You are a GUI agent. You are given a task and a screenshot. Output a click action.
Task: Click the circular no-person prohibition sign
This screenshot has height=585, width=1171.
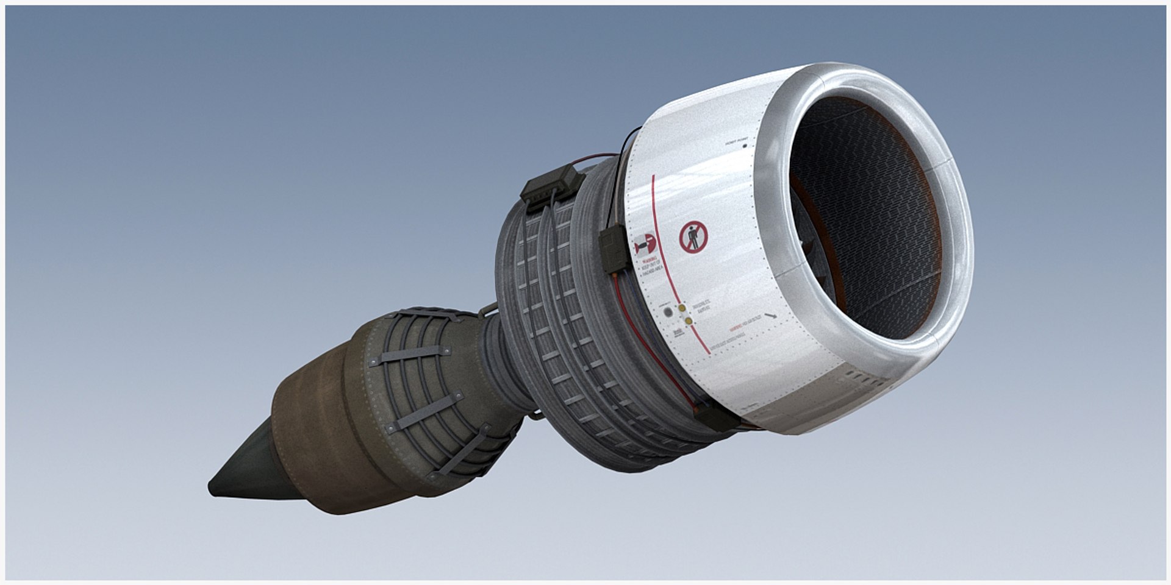tap(693, 237)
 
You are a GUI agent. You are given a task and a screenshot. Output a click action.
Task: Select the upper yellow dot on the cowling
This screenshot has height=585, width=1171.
tap(682, 309)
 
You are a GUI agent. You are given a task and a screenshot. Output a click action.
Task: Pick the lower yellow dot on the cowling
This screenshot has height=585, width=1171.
tap(688, 321)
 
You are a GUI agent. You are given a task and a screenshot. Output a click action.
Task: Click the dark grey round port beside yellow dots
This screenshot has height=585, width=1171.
tap(668, 311)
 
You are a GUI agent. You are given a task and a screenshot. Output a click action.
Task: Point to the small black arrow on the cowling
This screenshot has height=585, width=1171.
tap(773, 316)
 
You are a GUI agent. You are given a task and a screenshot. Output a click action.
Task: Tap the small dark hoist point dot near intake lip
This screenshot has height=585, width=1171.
tap(745, 146)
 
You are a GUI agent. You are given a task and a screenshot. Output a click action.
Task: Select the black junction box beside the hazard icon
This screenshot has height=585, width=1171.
tap(614, 249)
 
